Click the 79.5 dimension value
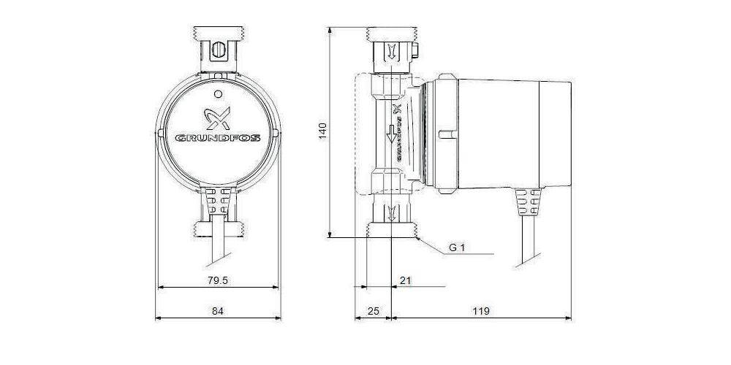[x=218, y=279]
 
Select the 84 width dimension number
[x=217, y=311]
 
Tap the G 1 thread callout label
[x=458, y=247]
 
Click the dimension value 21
[x=406, y=279]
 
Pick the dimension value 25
[x=373, y=311]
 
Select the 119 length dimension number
[x=481, y=311]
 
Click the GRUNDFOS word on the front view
[x=218, y=137]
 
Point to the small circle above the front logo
[x=218, y=93]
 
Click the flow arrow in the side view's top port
[x=393, y=52]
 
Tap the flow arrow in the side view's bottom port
[x=393, y=213]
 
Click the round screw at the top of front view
[x=218, y=53]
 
